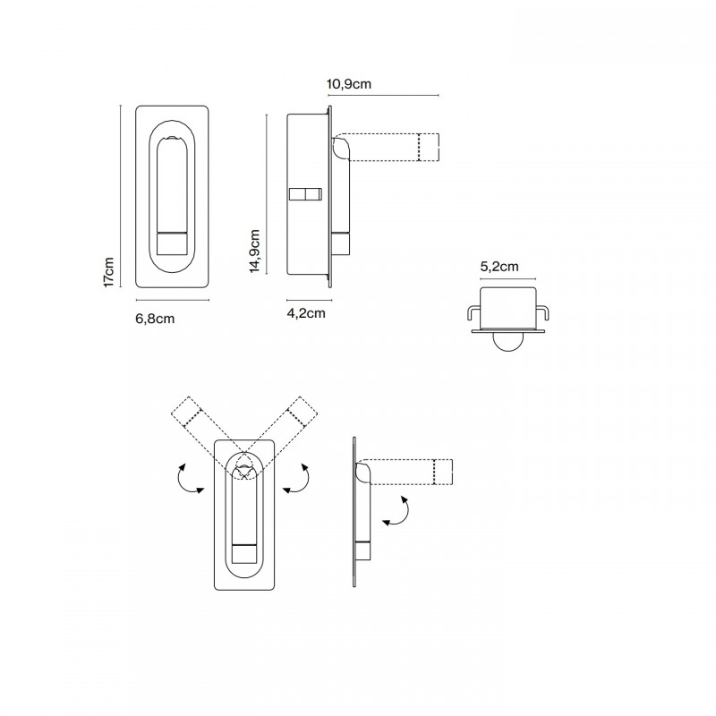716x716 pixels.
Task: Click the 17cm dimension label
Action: tap(108, 272)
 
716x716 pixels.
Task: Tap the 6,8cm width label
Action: tap(154, 318)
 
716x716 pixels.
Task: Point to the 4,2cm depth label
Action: tap(305, 313)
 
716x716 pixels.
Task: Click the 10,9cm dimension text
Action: tap(349, 84)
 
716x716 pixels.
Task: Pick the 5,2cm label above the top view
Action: tap(499, 266)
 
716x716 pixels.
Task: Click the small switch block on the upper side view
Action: tap(306, 194)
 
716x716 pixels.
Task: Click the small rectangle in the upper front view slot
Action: tap(172, 243)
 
